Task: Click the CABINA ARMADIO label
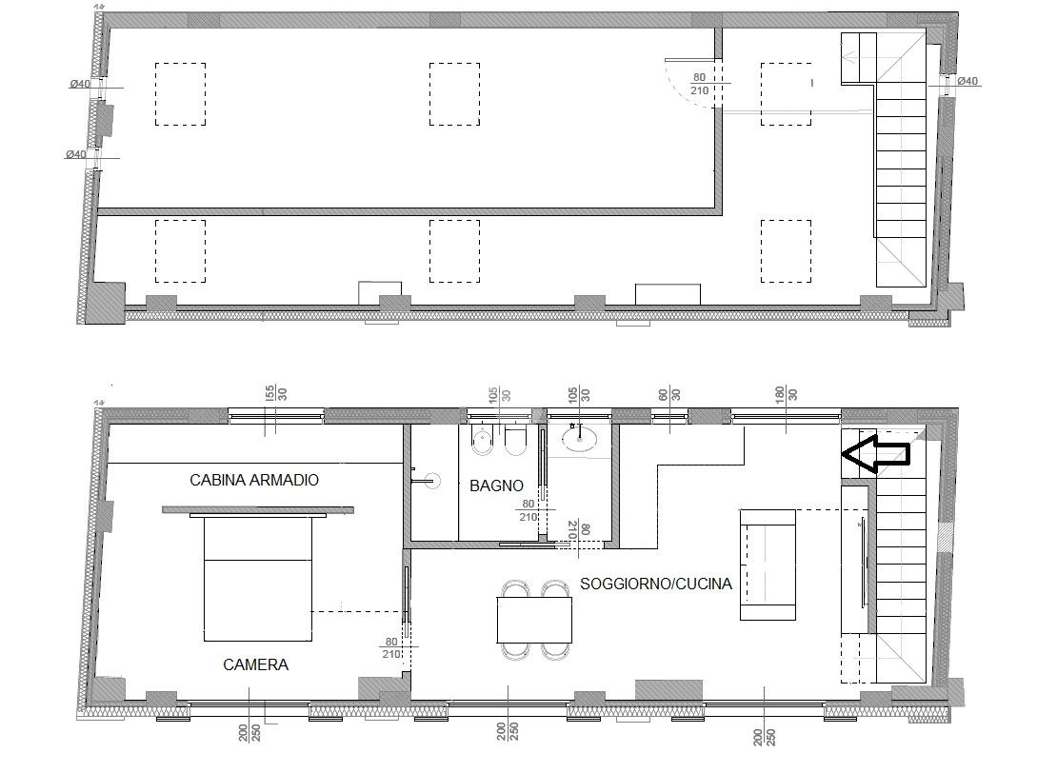coord(254,480)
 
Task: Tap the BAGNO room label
coord(496,486)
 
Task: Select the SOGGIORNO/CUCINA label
coord(656,584)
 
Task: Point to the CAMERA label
coord(255,664)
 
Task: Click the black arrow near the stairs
coord(876,454)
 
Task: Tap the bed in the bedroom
coord(258,579)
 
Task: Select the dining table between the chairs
coord(534,620)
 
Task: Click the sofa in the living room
coord(768,565)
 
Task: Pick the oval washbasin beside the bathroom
coord(578,438)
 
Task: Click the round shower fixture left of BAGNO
coord(432,480)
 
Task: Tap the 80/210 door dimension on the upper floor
coord(699,84)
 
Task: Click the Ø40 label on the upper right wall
coord(967,81)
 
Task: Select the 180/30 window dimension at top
coord(787,393)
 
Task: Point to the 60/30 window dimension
coord(669,393)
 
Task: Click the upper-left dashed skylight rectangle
coord(181,94)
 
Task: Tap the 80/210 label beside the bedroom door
coord(390,648)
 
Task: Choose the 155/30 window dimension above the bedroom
coord(276,393)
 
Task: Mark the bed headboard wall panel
coord(258,510)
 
